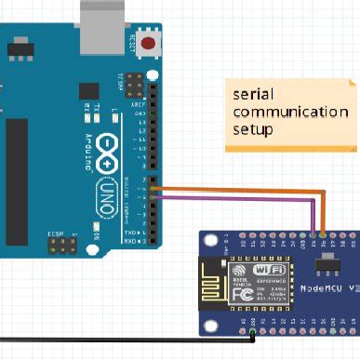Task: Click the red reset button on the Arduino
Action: [x=150, y=44]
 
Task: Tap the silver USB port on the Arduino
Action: [x=101, y=20]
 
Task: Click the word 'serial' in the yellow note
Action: [x=252, y=94]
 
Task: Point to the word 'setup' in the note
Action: [x=252, y=129]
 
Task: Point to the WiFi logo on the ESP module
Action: [x=248, y=269]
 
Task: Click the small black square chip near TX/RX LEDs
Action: [x=88, y=90]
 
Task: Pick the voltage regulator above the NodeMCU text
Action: [x=324, y=267]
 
